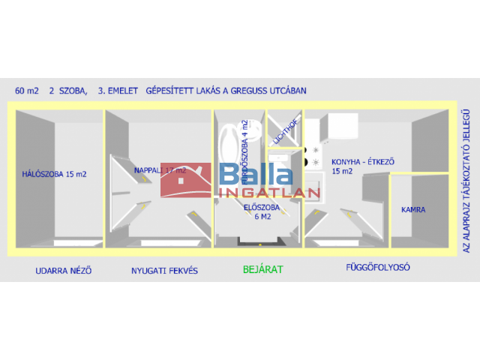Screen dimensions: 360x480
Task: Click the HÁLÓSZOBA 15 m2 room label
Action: (x=54, y=174)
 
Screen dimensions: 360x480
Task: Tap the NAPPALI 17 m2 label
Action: (x=160, y=170)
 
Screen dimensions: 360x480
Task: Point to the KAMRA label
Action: (x=412, y=210)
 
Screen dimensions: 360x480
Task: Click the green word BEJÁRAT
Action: (x=262, y=268)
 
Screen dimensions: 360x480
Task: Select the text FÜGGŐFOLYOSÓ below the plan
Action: (x=378, y=267)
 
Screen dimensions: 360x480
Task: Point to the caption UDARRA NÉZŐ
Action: (x=64, y=270)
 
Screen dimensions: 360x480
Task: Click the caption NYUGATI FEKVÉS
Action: (x=164, y=270)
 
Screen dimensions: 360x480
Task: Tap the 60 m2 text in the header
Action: (x=27, y=91)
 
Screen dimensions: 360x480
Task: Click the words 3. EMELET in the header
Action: (x=118, y=91)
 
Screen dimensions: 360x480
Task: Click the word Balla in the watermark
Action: (x=255, y=176)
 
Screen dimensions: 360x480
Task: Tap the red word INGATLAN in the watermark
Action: (x=269, y=193)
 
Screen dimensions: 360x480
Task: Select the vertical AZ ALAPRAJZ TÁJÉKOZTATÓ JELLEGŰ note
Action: (x=466, y=179)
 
